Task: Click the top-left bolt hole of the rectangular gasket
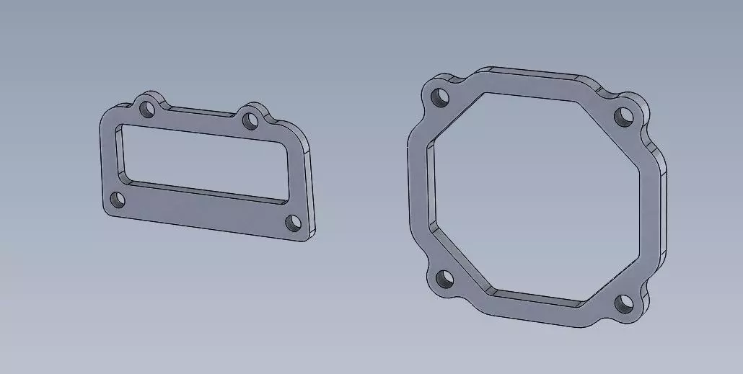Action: coord(148,110)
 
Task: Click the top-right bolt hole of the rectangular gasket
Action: coord(250,119)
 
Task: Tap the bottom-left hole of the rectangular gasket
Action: coord(118,200)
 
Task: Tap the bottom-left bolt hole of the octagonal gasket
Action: coord(444,277)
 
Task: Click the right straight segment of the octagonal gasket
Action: coord(653,209)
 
